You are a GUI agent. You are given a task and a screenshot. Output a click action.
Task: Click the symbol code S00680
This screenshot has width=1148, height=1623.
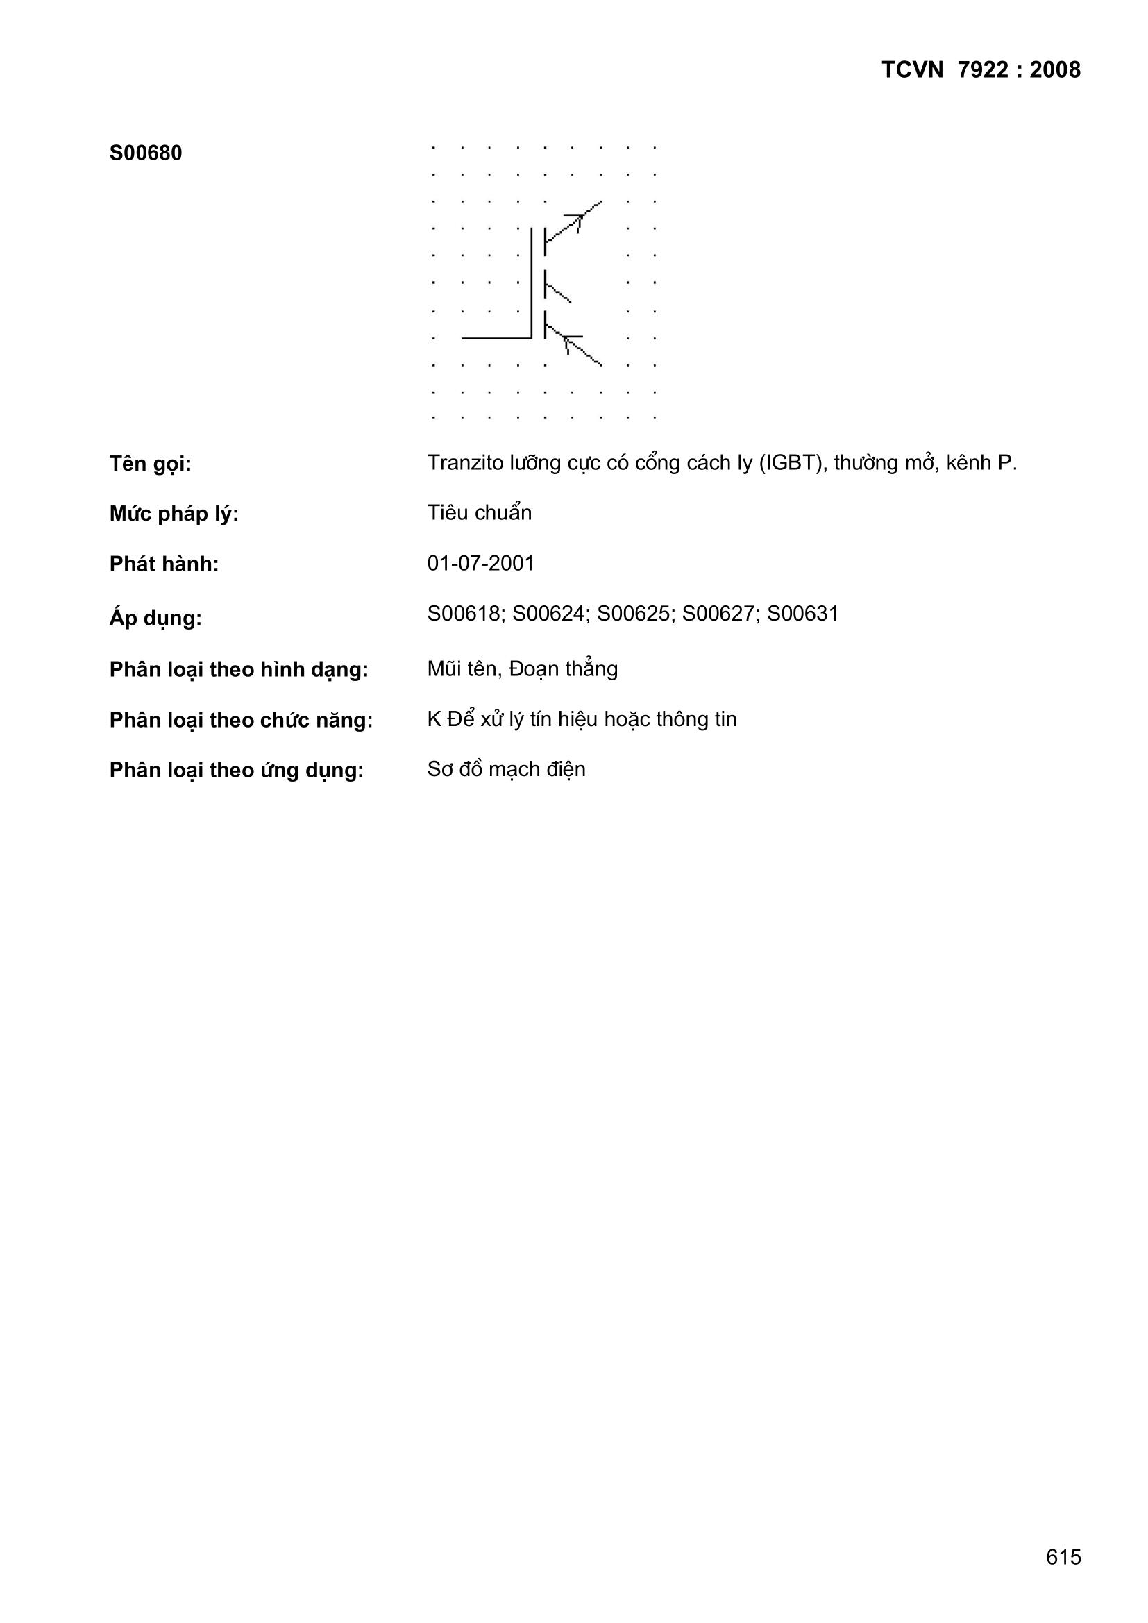click(146, 153)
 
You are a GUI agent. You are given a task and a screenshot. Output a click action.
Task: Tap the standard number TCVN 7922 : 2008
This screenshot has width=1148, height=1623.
click(981, 70)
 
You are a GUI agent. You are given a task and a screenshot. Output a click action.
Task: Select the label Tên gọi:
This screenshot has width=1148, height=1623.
click(151, 464)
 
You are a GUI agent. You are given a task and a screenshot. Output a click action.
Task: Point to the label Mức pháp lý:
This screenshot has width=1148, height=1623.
click(174, 514)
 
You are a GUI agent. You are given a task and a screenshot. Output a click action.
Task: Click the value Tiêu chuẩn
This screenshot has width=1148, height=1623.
click(480, 512)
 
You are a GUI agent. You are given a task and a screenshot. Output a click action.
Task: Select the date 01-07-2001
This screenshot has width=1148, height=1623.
click(481, 564)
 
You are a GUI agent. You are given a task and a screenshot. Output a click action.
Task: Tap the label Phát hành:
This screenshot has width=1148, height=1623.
click(164, 564)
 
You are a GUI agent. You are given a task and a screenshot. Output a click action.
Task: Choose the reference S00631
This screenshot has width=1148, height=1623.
click(802, 614)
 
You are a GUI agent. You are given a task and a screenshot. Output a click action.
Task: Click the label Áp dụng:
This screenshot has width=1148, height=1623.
click(155, 618)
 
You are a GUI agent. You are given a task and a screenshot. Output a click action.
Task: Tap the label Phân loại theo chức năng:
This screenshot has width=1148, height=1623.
click(241, 721)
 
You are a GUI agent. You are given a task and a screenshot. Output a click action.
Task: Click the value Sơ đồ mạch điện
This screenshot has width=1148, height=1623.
click(506, 769)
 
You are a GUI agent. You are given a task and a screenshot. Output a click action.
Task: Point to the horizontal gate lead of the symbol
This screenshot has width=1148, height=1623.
click(496, 339)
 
